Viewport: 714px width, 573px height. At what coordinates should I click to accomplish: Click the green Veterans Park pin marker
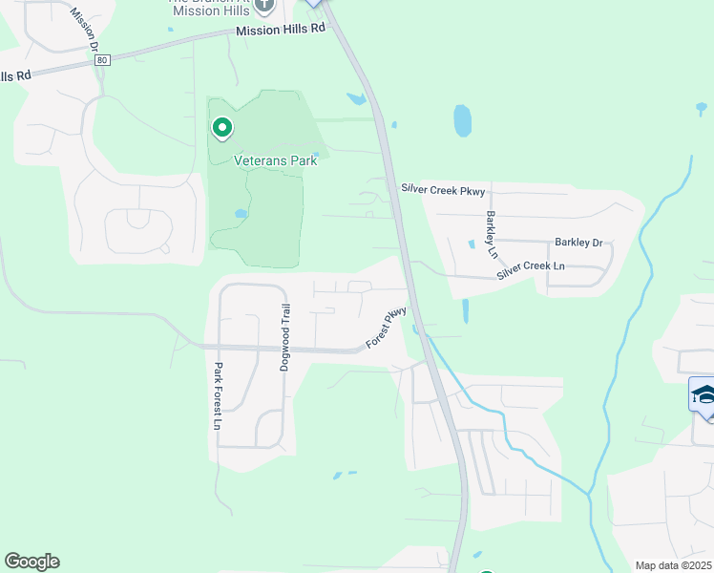222,128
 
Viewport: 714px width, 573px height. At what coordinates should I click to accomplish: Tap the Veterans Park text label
276,160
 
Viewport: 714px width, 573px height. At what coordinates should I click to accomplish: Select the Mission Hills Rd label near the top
280,30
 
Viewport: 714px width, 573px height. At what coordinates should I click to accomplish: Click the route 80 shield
101,60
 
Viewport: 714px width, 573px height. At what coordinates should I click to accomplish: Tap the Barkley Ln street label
492,234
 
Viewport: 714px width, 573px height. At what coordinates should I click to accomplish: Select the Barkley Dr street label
579,243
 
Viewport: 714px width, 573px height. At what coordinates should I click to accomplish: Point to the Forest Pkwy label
388,328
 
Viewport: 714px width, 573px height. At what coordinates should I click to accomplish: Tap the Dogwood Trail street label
283,337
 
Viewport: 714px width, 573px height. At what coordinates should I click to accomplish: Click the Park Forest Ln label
218,395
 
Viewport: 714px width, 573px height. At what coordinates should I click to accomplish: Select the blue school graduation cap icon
703,395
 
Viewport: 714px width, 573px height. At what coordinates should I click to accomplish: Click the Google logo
31,562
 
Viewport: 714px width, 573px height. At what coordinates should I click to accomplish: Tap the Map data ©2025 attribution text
672,565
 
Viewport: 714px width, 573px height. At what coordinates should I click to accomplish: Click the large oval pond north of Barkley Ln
463,120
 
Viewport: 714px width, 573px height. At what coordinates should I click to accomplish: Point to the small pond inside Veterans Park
241,214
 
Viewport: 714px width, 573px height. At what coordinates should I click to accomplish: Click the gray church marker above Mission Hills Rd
264,6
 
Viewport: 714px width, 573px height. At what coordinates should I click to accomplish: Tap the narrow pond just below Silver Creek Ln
466,310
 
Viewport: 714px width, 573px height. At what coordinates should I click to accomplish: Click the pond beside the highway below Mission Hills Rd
356,98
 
